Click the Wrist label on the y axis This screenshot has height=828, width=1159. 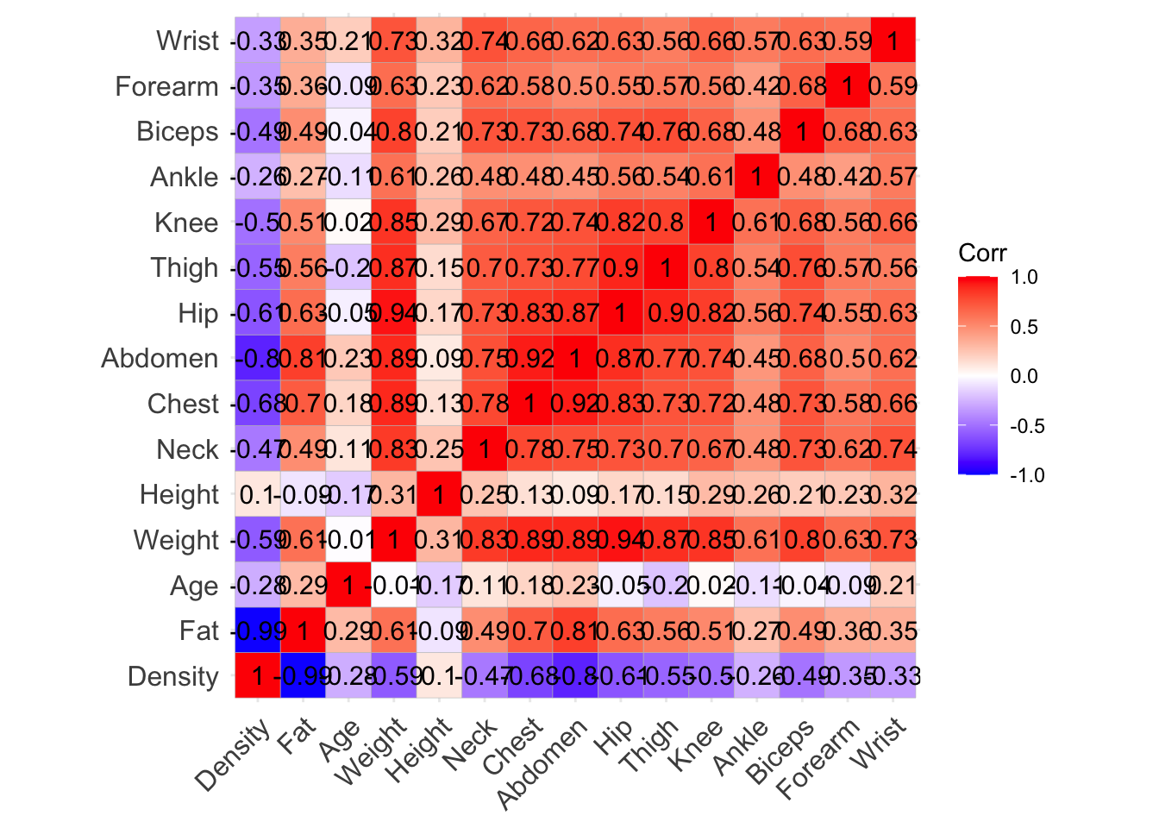click(x=187, y=41)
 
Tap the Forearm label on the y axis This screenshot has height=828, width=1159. click(x=166, y=86)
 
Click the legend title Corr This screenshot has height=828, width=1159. click(x=982, y=253)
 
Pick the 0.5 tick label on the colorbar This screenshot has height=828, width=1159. click(x=1024, y=327)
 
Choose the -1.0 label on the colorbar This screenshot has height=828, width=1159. click(x=1026, y=475)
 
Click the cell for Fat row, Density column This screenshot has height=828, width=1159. click(x=257, y=630)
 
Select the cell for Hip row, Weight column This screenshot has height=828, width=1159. click(x=393, y=313)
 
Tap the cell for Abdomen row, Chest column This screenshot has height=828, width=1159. click(x=529, y=358)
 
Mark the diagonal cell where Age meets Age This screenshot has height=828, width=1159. click(x=348, y=586)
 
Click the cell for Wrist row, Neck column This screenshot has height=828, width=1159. click(x=484, y=41)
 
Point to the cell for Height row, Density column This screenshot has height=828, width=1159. click(x=257, y=495)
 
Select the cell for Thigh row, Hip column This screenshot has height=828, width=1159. click(x=620, y=267)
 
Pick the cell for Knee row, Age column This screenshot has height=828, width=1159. click(x=348, y=223)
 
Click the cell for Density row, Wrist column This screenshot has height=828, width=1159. click(x=893, y=676)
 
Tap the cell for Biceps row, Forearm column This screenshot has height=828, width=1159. click(x=847, y=132)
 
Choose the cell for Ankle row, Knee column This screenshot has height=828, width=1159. click(x=711, y=177)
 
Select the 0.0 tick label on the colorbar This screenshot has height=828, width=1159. click(x=1024, y=376)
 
